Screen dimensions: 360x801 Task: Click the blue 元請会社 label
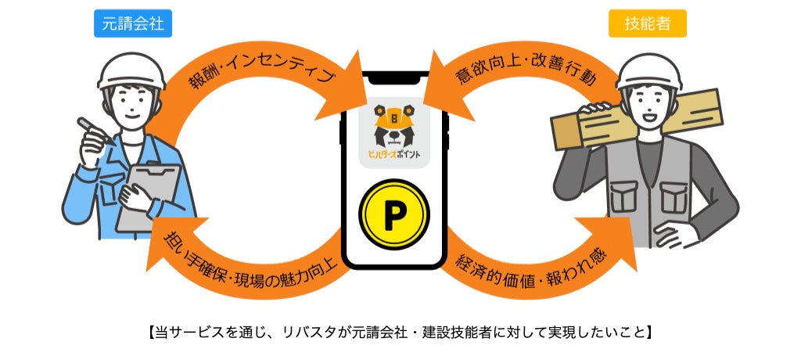click(132, 23)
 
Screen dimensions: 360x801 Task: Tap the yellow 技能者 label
click(647, 23)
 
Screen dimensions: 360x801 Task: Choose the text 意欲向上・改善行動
click(526, 77)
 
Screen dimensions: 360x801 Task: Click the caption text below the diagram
click(400, 330)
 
